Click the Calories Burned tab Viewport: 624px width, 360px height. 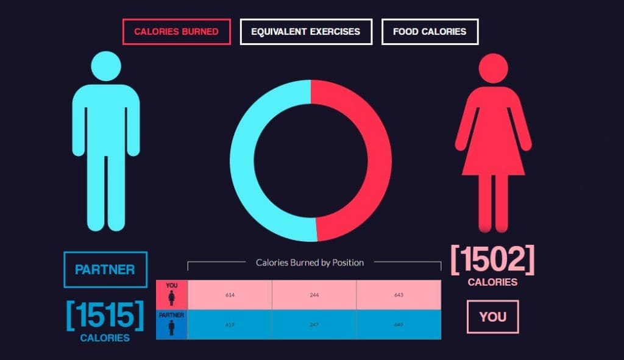pyautogui.click(x=176, y=32)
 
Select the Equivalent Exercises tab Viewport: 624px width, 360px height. pyautogui.click(x=306, y=32)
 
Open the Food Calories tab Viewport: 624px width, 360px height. pyautogui.click(x=430, y=32)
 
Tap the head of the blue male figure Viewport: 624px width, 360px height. pyautogui.click(x=106, y=66)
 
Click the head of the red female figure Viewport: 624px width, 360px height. pyautogui.click(x=493, y=68)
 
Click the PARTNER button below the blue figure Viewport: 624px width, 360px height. pyautogui.click(x=105, y=269)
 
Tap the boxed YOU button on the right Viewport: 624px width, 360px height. pyautogui.click(x=492, y=317)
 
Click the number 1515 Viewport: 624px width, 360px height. pyautogui.click(x=105, y=315)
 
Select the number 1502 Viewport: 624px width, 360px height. pyautogui.click(x=492, y=260)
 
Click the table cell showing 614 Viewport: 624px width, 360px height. pyautogui.click(x=230, y=295)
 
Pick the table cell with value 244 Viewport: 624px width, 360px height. pyautogui.click(x=314, y=295)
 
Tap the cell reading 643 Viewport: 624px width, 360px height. pyautogui.click(x=399, y=295)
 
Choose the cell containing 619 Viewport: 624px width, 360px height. pyautogui.click(x=230, y=325)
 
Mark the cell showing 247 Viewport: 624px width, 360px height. pyautogui.click(x=314, y=325)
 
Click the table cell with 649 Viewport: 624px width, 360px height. pyautogui.click(x=399, y=325)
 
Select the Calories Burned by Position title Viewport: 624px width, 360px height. pyautogui.click(x=310, y=263)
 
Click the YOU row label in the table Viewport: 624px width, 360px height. pyautogui.click(x=172, y=294)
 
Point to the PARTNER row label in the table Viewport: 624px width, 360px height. pyautogui.click(x=171, y=324)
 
